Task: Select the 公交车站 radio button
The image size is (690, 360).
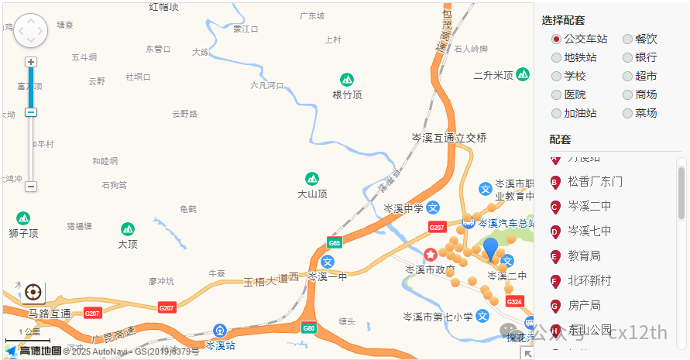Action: click(x=556, y=39)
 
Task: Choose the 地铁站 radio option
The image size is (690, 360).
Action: click(x=556, y=57)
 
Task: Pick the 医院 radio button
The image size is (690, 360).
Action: click(x=556, y=94)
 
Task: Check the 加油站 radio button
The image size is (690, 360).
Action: click(x=556, y=113)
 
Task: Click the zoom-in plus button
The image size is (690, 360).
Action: click(x=31, y=62)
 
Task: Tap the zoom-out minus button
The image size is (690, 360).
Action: click(x=31, y=187)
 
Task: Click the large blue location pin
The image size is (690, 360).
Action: click(x=490, y=249)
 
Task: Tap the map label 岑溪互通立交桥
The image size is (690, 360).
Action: click(x=449, y=138)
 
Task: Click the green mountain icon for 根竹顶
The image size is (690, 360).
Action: click(x=348, y=79)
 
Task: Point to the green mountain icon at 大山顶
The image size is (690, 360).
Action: click(x=312, y=179)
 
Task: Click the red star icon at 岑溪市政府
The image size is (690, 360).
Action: click(x=431, y=254)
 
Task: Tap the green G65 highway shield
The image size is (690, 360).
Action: click(x=335, y=242)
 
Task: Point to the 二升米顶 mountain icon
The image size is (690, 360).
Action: click(x=524, y=74)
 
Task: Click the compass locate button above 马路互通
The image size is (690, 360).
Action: click(x=33, y=292)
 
